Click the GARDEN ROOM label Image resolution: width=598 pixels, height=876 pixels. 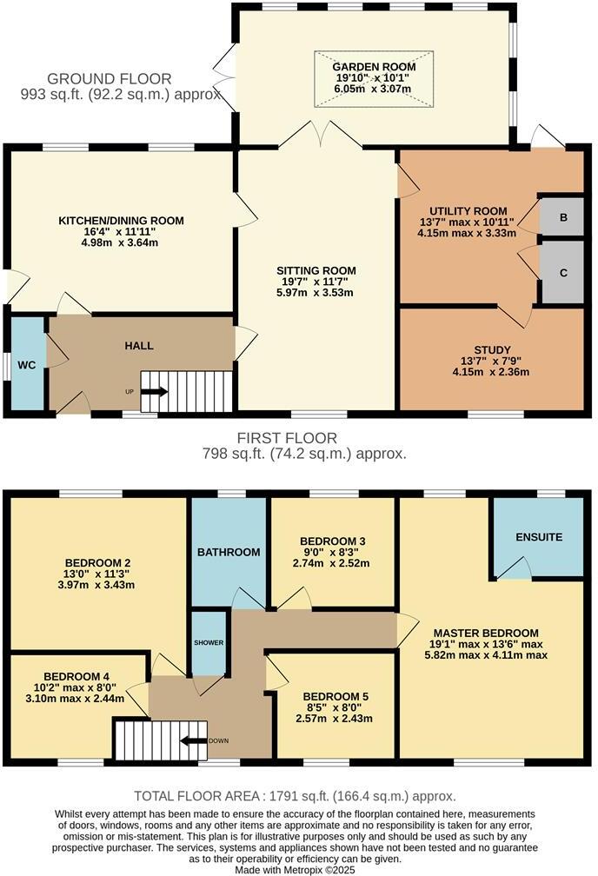374,67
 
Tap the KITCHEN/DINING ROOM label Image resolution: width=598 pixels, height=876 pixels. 121,221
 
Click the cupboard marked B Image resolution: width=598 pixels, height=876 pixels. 563,217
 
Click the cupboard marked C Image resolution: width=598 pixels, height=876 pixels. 563,273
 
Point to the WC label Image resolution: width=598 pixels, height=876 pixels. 27,365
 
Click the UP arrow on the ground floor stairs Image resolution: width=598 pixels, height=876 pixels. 155,391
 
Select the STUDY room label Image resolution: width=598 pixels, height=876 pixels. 486,350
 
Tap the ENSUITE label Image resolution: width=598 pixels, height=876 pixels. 538,537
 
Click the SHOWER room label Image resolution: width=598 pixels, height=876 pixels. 209,643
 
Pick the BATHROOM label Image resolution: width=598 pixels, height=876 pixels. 229,552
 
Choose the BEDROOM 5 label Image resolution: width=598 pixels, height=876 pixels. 336,697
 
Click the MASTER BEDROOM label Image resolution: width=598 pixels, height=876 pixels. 487,633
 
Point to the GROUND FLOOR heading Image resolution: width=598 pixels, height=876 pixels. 110,79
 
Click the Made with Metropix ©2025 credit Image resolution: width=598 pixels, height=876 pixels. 295,869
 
